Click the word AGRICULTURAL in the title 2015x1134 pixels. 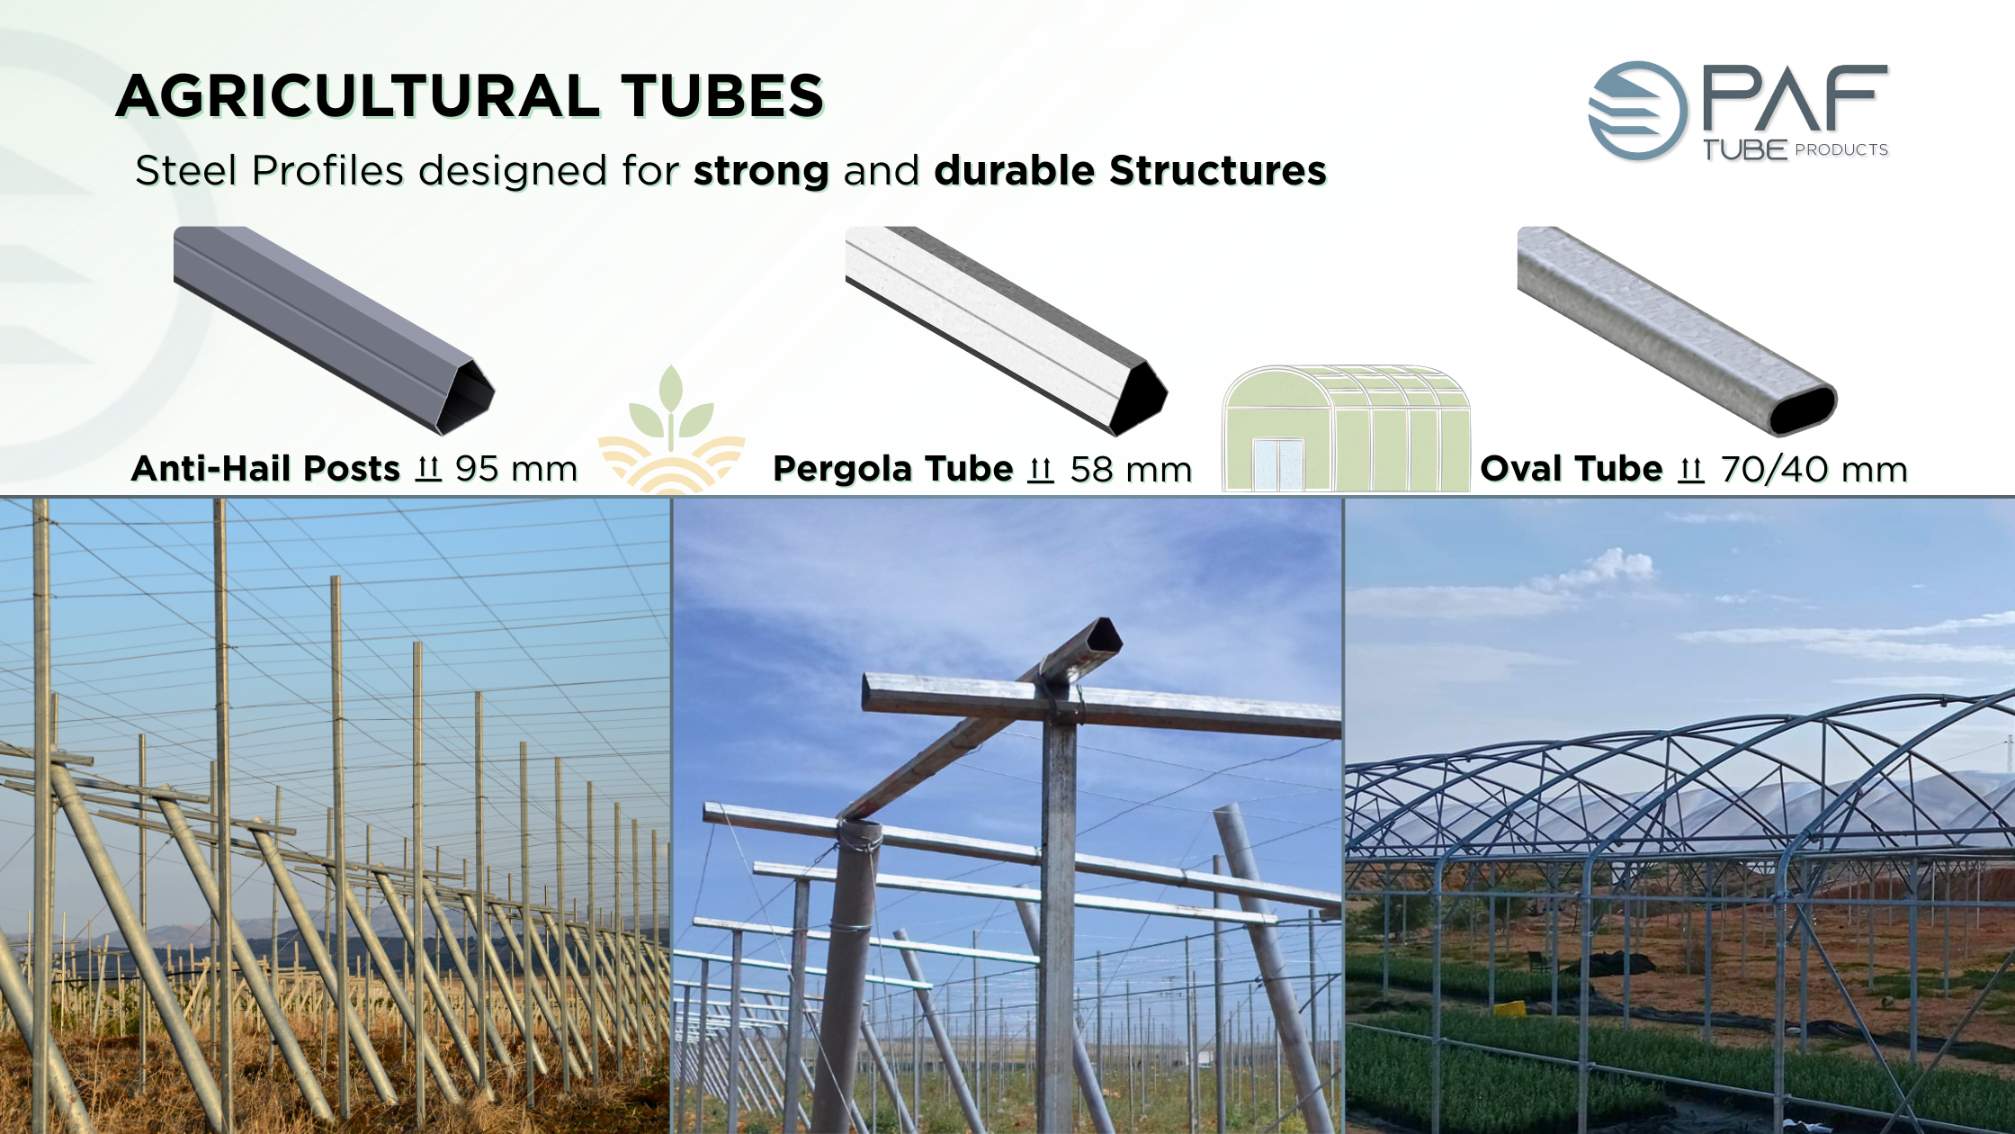point(359,96)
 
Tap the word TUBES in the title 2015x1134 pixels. point(722,96)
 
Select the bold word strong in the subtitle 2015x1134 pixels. point(761,171)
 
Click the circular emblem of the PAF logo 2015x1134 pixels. point(1637,111)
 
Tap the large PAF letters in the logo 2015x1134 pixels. point(1796,99)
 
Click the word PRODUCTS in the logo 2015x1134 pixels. point(1841,150)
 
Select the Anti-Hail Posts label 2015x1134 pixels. point(265,469)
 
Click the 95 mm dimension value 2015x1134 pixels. point(516,469)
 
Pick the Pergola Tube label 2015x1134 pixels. point(893,469)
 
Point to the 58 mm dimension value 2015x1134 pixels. point(1132,469)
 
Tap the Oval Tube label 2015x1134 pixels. point(1572,469)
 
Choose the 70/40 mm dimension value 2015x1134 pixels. point(1814,469)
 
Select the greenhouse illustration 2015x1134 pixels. point(1346,428)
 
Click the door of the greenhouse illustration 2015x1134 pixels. point(1278,465)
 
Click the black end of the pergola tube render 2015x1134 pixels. point(1139,399)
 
